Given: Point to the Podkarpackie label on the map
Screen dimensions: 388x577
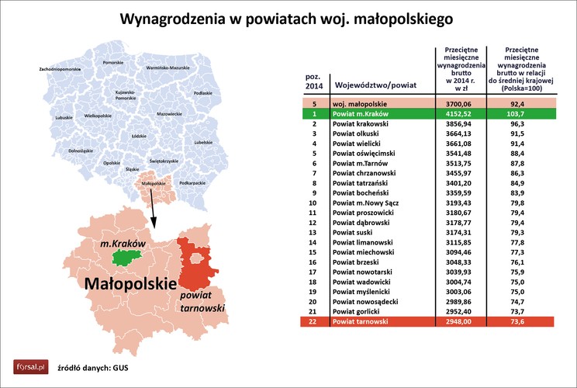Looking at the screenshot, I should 192,183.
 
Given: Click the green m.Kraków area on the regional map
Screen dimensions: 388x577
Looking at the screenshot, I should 126,255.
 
